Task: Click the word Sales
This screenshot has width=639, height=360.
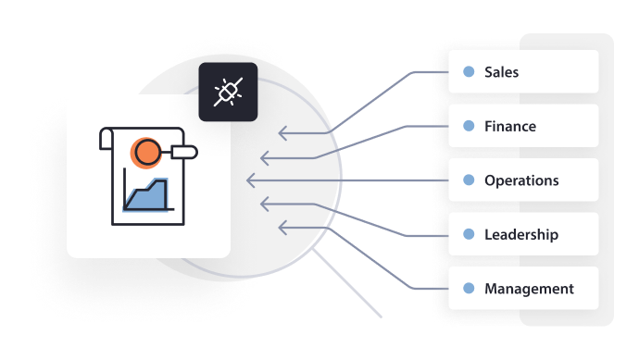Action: pyautogui.click(x=501, y=72)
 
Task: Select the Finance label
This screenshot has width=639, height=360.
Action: pyautogui.click(x=509, y=126)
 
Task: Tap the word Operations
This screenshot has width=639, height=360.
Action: pyautogui.click(x=521, y=180)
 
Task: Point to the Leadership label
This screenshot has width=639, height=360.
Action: pyautogui.click(x=521, y=234)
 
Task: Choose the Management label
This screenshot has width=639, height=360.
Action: pyautogui.click(x=529, y=289)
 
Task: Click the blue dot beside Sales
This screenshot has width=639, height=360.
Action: pyautogui.click(x=469, y=71)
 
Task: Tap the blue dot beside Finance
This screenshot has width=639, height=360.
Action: pyautogui.click(x=469, y=126)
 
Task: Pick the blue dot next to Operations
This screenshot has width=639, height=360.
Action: pyautogui.click(x=469, y=180)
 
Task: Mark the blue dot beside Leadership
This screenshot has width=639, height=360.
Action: pyautogui.click(x=469, y=234)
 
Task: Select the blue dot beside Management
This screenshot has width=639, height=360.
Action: pyautogui.click(x=469, y=289)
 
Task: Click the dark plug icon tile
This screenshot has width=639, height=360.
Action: pyautogui.click(x=228, y=93)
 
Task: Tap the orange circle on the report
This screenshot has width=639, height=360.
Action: pyautogui.click(x=144, y=151)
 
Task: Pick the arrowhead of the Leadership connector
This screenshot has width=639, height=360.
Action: pyautogui.click(x=265, y=203)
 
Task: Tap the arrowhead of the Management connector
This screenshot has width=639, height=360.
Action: pyautogui.click(x=282, y=225)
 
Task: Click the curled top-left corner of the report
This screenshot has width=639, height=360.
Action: pyautogui.click(x=105, y=140)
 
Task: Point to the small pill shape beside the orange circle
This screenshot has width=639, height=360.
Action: pyautogui.click(x=184, y=150)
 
